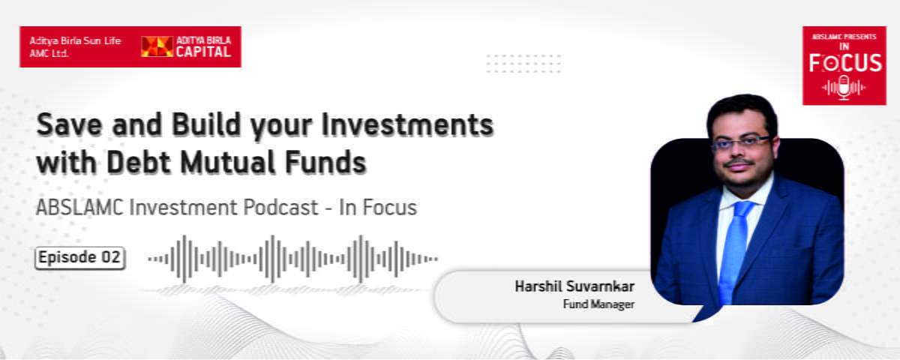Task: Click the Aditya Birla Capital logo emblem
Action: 157,46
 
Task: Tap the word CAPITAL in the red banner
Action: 203,52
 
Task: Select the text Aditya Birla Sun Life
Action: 75,40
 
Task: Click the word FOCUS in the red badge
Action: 845,63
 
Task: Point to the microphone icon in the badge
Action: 844,88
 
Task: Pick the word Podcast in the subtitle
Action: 280,208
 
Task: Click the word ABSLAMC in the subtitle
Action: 79,208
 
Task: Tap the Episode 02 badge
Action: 80,257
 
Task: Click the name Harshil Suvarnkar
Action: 574,286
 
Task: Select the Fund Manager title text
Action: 598,304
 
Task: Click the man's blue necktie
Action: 734,251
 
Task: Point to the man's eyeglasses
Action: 741,144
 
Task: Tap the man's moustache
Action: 739,163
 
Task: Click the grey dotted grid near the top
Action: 523,64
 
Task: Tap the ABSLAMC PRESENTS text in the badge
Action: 844,37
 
